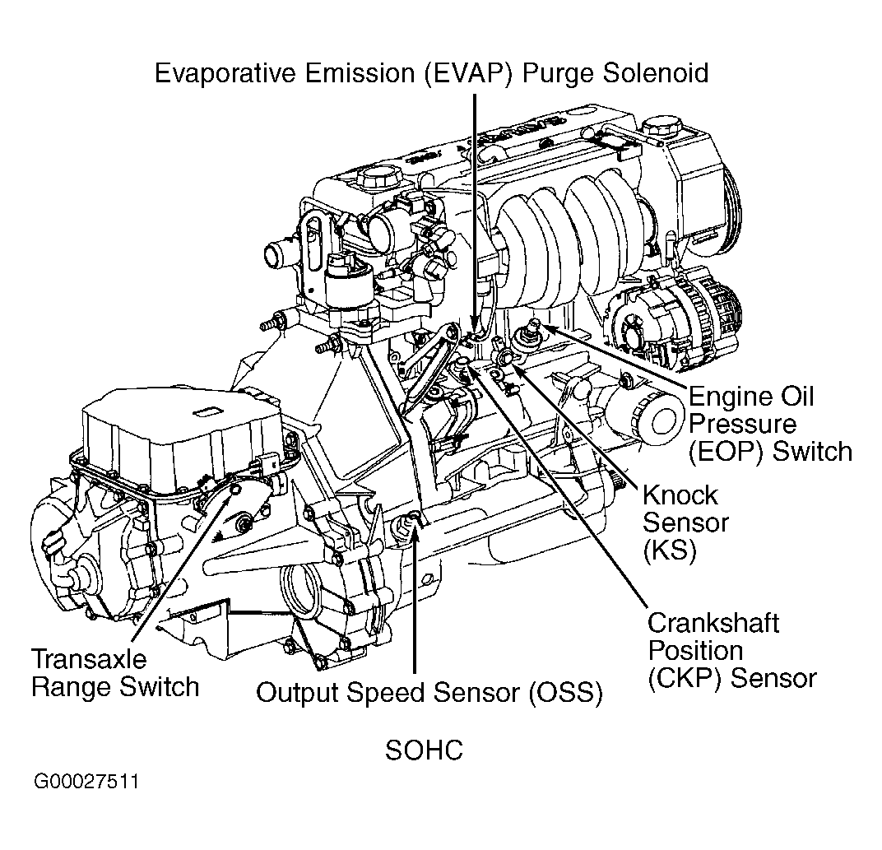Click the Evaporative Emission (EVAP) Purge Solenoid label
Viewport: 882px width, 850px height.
point(431,72)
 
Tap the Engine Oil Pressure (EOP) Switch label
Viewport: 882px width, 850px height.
point(769,425)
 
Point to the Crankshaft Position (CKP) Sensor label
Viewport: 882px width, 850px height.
point(731,650)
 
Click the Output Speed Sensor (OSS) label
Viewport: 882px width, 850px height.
point(429,692)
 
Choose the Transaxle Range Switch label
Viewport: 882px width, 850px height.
point(114,672)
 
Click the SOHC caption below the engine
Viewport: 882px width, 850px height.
point(424,750)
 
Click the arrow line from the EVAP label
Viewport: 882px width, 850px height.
point(474,206)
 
